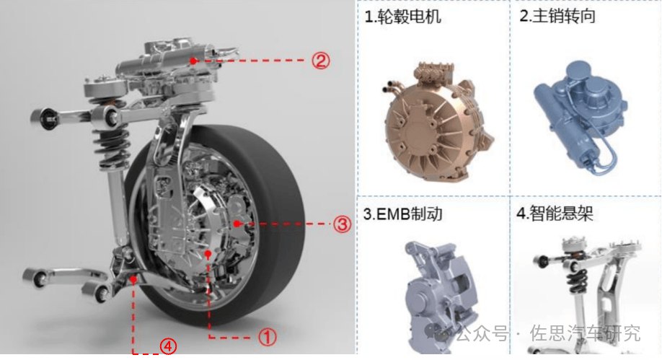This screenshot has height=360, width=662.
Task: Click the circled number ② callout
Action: (321, 61)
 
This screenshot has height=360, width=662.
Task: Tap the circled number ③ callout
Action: (342, 224)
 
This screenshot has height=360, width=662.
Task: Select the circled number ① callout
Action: (268, 337)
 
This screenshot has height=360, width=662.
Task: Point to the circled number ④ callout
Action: (168, 347)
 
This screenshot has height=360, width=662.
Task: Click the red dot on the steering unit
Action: (193, 61)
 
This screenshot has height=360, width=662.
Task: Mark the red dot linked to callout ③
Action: (237, 224)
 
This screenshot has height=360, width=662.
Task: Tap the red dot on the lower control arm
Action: (133, 279)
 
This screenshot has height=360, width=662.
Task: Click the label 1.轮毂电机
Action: (403, 17)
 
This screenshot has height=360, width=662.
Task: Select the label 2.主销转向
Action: (557, 16)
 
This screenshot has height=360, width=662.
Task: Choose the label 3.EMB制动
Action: (403, 214)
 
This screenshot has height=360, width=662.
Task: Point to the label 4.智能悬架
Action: (555, 214)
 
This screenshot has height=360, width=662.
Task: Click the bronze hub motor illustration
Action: (438, 123)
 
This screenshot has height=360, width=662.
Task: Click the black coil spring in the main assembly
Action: (110, 139)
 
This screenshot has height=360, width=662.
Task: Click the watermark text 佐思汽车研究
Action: (585, 333)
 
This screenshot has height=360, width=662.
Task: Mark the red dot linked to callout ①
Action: (208, 254)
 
